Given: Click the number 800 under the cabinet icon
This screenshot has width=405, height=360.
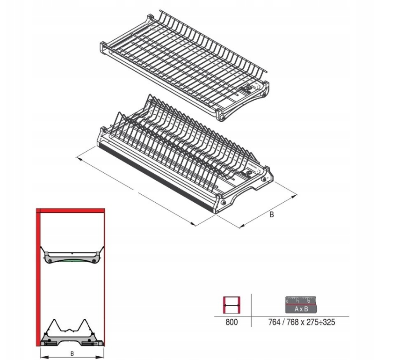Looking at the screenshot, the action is point(231,322).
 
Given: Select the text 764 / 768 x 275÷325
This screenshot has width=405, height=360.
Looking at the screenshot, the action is point(302,322).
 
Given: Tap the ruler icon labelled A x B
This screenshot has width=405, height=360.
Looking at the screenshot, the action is point(301,305).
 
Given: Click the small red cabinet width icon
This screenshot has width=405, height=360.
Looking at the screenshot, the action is point(231,305).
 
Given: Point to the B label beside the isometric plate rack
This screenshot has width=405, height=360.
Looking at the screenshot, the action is point(271,214).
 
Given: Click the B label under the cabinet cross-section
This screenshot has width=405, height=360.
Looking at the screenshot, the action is point(72,353).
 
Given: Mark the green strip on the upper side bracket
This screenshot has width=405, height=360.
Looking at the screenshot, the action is point(72,260).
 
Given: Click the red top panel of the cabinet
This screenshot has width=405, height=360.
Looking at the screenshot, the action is point(70,211).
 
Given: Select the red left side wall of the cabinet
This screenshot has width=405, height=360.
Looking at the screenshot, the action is point(38,277).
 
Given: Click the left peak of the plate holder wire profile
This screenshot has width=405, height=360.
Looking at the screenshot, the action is point(55,320).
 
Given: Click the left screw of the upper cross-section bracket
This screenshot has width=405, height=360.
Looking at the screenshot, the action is point(50,260).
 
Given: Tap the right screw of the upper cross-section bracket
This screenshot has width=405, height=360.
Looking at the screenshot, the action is point(94,260).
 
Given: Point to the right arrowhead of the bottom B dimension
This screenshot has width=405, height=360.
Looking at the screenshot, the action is point(101,357).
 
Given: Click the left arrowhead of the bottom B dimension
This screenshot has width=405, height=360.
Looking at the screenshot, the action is point(43,357).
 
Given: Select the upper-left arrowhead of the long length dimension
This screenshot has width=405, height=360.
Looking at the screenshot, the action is point(79,158).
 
